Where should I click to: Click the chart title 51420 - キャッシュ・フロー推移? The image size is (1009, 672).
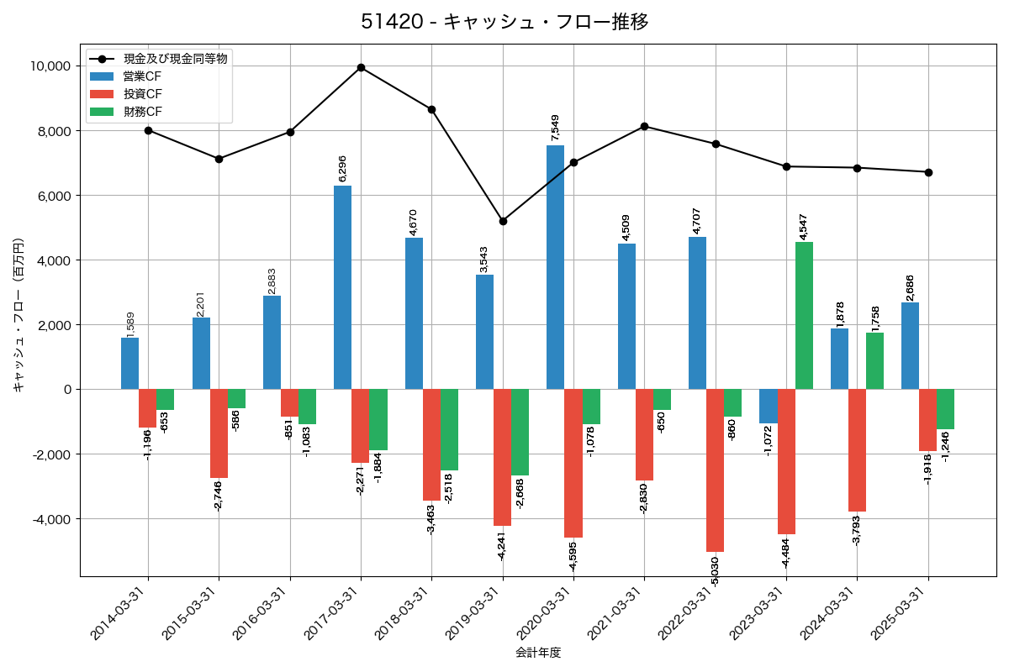(504, 22)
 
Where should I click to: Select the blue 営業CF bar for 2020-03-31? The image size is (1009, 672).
(555, 267)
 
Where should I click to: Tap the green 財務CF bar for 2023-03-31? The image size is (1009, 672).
(804, 315)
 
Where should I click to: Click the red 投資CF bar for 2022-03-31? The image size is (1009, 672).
(715, 470)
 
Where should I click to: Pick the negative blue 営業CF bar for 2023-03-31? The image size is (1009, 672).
(768, 406)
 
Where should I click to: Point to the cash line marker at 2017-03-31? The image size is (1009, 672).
(361, 67)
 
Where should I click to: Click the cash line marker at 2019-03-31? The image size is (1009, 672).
(503, 221)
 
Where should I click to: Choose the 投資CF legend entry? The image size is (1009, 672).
(142, 94)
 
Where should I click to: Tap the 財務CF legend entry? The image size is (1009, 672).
(142, 112)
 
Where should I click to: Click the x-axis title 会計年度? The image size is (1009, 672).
(538, 653)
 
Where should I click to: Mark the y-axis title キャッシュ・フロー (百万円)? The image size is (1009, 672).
(18, 315)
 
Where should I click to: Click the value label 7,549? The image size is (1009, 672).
(556, 127)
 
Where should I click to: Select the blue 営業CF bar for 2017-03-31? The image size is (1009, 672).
(342, 287)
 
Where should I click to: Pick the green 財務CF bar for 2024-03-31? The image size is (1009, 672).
(874, 360)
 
